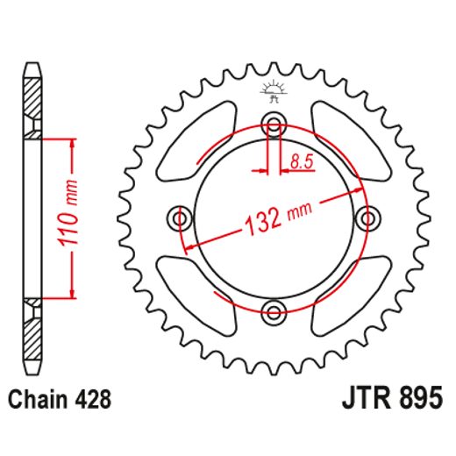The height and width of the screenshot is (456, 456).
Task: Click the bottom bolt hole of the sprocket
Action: point(274,310)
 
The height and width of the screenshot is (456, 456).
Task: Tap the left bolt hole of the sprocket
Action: point(182,217)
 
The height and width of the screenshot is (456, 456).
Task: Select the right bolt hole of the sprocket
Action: point(367,217)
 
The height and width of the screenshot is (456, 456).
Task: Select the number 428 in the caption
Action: point(92,400)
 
